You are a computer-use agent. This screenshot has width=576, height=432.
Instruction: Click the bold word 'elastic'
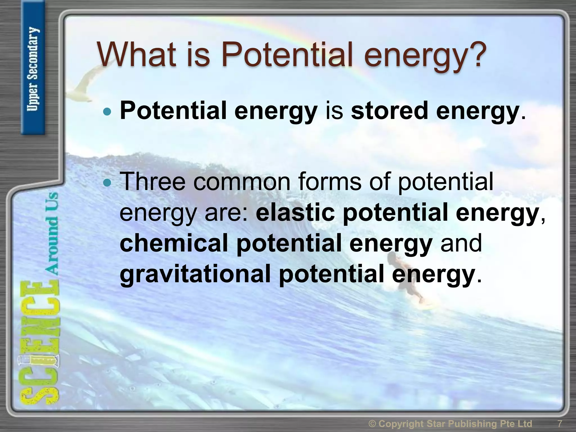point(295,213)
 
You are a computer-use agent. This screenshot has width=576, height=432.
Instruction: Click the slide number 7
point(560,423)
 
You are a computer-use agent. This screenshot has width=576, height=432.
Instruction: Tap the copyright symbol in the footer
point(372,424)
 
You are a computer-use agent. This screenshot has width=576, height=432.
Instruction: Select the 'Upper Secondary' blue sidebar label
point(33,69)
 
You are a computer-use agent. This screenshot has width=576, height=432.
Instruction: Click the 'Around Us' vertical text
point(52,233)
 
